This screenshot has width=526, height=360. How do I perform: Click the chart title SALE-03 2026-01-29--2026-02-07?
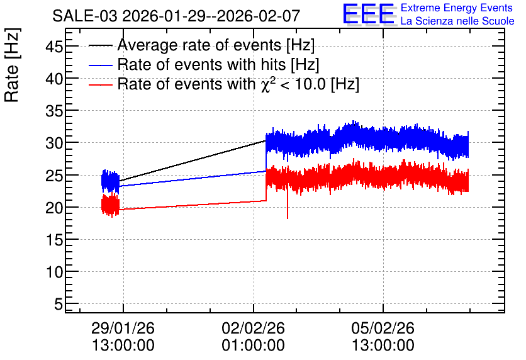[176, 16]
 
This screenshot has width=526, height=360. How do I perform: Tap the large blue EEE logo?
[369, 14]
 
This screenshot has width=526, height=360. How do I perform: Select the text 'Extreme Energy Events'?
[457, 8]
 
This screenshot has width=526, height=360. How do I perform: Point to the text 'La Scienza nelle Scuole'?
[457, 21]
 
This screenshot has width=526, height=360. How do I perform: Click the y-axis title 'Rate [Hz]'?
[12, 65]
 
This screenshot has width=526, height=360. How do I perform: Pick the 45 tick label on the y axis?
[54, 47]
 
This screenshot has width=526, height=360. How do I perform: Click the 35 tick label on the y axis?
[54, 111]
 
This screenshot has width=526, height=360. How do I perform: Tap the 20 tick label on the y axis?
[54, 208]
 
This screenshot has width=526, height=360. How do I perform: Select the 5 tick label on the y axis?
[59, 305]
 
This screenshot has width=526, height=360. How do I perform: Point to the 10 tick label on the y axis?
[54, 272]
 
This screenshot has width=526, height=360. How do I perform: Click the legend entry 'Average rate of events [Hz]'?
[216, 45]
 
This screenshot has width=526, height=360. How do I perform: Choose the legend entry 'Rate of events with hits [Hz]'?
[218, 64]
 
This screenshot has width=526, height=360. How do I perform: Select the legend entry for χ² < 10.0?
[238, 84]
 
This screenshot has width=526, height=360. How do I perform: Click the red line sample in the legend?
[100, 85]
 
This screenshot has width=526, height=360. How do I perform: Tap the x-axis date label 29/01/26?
[123, 328]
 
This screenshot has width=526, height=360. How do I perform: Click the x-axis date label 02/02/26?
[253, 328]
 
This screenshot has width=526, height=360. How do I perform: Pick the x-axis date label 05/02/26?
[383, 328]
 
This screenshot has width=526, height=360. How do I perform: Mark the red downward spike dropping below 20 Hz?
[288, 208]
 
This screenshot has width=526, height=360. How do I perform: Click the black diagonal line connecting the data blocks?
[193, 160]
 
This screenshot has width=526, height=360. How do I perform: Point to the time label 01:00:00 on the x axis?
[253, 346]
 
